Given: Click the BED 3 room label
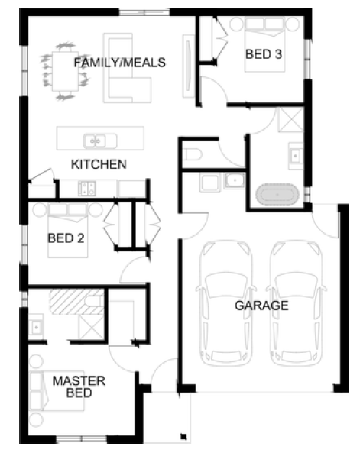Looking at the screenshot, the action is point(264,54).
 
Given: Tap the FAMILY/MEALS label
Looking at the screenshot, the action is point(120,63).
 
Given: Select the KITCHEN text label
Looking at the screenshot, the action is point(99,164).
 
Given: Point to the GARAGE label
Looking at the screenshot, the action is point(261,306).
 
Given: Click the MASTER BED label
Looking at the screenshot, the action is point(79,387).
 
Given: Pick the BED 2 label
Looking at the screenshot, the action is point(66,238).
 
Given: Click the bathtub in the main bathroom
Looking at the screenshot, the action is point(277,195).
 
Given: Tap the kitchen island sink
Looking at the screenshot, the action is point(100,141).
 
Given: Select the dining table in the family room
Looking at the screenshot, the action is point(65,71).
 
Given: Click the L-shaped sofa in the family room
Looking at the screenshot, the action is point(127,68).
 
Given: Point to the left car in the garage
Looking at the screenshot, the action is point(225,303).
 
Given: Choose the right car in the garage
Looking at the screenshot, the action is point(296,303).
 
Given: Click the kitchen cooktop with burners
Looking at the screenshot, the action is point(86,188).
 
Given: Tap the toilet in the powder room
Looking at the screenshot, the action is point(192,154).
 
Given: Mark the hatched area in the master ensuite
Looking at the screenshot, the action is point(77,303).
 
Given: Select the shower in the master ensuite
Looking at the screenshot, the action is point(92,327).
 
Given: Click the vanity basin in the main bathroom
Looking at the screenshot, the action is point(296,156).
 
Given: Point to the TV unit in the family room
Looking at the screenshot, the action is point(189,66).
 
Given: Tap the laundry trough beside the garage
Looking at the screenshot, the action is point(209,183).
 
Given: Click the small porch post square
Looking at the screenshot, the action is point(183,436).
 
